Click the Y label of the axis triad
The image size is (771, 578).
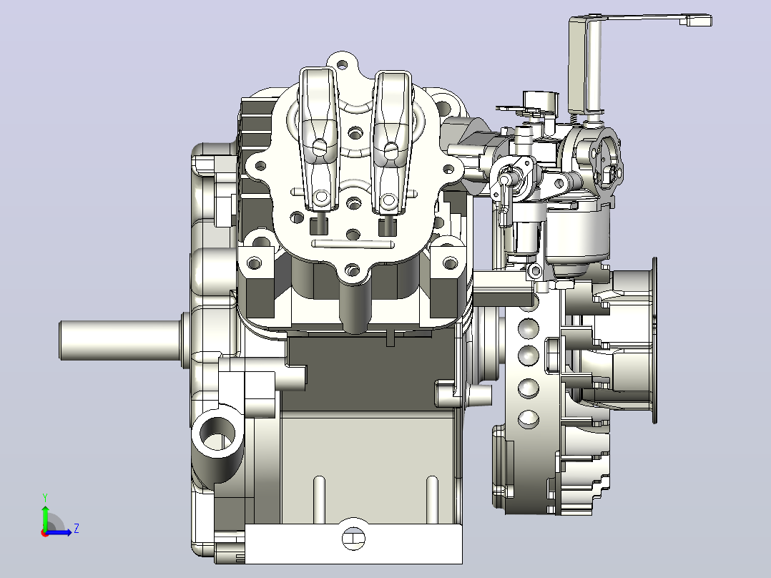pos(45,498)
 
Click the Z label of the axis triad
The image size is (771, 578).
pos(77,529)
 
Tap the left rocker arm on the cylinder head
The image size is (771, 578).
pos(319,139)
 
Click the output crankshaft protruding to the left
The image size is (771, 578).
pos(120,340)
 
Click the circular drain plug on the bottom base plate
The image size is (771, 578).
pos(353,539)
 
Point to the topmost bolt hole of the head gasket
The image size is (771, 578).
pos(342,64)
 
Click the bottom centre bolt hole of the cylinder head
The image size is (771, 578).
pos(352,270)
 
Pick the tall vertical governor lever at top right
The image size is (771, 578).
pos(585,64)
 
